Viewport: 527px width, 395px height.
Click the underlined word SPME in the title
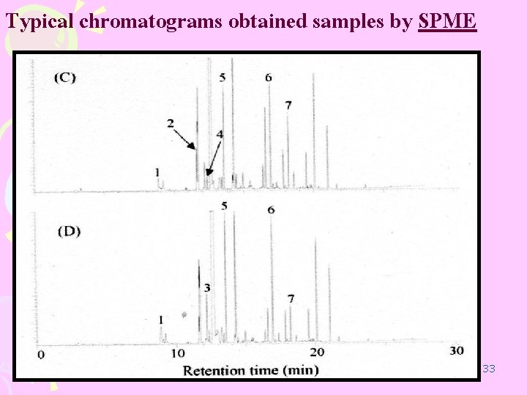pyautogui.click(x=447, y=23)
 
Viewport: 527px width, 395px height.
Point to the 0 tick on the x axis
pyautogui.click(x=41, y=354)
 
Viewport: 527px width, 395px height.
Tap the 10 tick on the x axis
pyautogui.click(x=178, y=353)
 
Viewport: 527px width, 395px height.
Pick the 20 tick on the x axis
pyautogui.click(x=317, y=352)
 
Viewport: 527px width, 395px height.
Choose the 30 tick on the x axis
pyautogui.click(x=456, y=351)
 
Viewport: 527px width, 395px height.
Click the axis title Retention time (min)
pyautogui.click(x=250, y=370)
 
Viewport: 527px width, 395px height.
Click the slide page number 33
pyautogui.click(x=490, y=369)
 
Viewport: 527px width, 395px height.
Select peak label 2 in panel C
pyautogui.click(x=170, y=124)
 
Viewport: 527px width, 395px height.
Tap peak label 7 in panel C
pyautogui.click(x=288, y=105)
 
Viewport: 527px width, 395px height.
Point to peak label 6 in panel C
pyautogui.click(x=269, y=78)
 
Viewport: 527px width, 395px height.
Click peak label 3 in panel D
pyautogui.click(x=207, y=288)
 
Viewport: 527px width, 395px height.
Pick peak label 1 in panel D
pyautogui.click(x=161, y=320)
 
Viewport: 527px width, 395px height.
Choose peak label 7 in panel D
pyautogui.click(x=291, y=298)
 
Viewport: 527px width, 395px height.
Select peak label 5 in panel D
pyautogui.click(x=224, y=206)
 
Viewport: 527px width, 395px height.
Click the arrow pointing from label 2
pyautogui.click(x=185, y=137)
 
